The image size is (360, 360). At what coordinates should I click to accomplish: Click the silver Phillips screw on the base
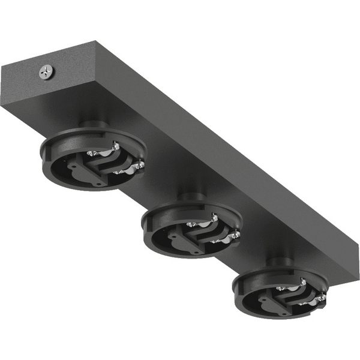pyautogui.click(x=46, y=73)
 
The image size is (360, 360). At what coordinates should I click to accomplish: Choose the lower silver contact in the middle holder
pyautogui.click(x=236, y=235)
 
